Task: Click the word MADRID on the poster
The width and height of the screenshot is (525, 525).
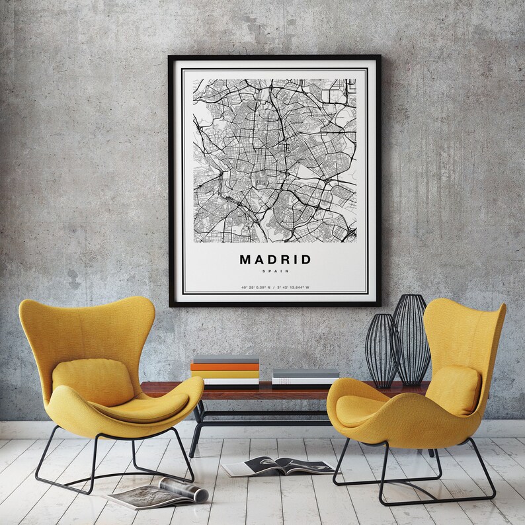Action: click(274, 259)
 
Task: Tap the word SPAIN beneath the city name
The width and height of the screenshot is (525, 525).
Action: click(274, 271)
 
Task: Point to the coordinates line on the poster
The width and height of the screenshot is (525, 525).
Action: click(274, 288)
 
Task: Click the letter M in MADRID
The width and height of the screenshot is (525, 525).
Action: click(245, 259)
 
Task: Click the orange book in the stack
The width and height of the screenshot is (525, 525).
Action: click(225, 366)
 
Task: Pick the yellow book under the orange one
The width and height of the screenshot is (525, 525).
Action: click(225, 374)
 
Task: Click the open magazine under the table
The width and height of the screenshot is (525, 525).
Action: click(278, 466)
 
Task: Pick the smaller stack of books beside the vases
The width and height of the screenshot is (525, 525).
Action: click(305, 377)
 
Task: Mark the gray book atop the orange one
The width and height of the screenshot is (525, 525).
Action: click(225, 359)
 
